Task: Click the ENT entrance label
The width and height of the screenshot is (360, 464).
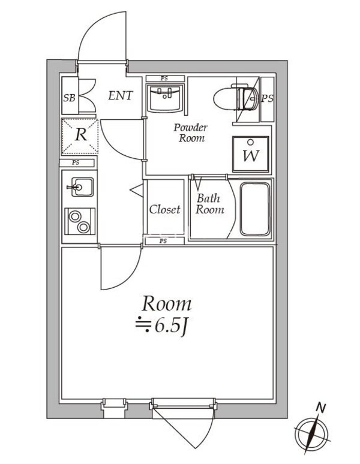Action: pos(120,95)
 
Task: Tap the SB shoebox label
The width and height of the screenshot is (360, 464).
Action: pos(69,97)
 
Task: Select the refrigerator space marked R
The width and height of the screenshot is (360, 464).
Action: pos(79,135)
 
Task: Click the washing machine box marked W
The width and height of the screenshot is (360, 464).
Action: pos(250,155)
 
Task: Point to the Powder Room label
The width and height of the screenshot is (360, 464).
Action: pos(190,132)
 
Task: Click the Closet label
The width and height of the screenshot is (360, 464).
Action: pos(164,209)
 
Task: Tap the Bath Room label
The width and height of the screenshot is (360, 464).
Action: pos(209,204)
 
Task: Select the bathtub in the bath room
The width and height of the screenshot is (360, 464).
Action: pos(255,209)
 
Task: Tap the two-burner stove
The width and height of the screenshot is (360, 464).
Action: pos(79,221)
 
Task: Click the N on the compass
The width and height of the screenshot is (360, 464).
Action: pos(322,409)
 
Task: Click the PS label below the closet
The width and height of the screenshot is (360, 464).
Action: pos(163,241)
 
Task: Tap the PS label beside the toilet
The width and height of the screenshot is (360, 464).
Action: pos(266,98)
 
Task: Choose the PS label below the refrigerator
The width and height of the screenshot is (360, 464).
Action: pos(76,162)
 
